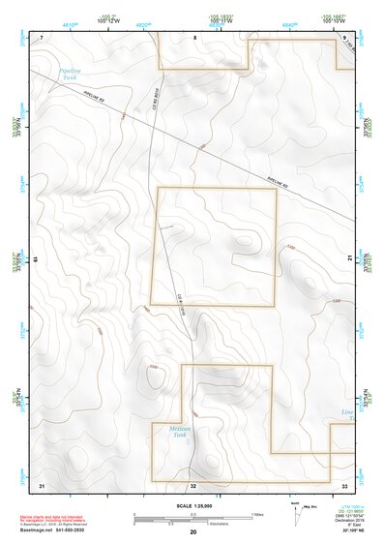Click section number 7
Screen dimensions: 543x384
(41, 37)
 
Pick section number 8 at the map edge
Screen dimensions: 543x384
(193, 37)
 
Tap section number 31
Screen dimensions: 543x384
(41, 483)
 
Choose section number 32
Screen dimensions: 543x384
(193, 483)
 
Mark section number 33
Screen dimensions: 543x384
(344, 483)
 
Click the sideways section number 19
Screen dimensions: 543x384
(35, 258)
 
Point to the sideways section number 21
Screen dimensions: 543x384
(349, 257)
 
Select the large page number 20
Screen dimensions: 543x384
(192, 532)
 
